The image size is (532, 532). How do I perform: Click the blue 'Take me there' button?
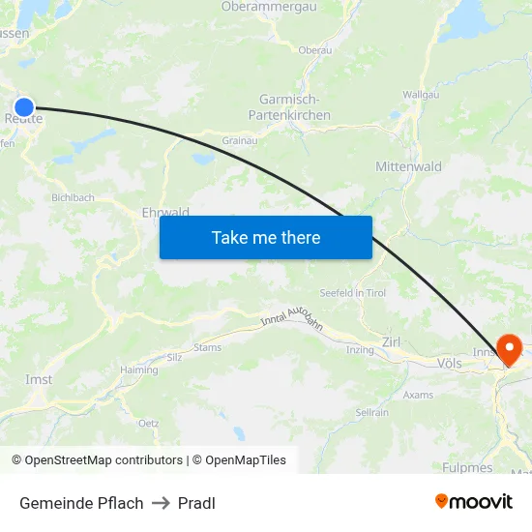265,237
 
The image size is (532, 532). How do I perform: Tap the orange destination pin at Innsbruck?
508,349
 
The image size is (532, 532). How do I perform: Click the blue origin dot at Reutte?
24,107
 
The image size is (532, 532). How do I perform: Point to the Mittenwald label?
408,166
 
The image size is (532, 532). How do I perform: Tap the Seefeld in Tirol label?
353,293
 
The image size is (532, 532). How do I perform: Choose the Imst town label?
39,380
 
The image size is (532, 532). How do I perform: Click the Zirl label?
392,341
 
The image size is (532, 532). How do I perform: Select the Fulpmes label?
468,467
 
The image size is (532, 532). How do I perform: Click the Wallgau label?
421,95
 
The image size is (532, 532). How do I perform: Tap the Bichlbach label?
74,197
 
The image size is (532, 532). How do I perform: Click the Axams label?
418,395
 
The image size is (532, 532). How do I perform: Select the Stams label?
207,347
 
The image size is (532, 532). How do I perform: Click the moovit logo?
474,501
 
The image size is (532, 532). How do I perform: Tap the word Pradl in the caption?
196,503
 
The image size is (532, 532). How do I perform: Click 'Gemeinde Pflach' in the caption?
81,503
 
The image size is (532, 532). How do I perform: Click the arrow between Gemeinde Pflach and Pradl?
161,503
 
